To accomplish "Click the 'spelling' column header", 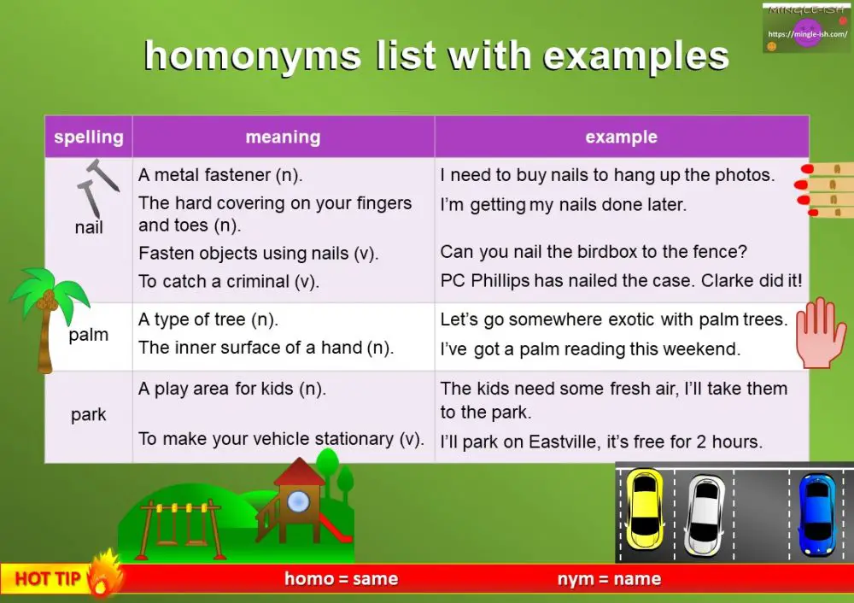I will (x=88, y=138).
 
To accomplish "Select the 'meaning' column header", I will (x=283, y=137).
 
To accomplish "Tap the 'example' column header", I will (x=621, y=137).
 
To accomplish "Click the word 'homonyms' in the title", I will (x=253, y=56).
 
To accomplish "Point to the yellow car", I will (x=645, y=510).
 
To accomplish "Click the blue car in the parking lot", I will (x=816, y=514).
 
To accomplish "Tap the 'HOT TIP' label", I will (x=48, y=579).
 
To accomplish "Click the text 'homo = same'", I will (x=341, y=579).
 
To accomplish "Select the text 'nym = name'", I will (x=609, y=579).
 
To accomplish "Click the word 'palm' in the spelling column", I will (x=89, y=335).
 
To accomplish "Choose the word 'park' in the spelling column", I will (x=89, y=415).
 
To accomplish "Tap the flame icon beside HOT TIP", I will (x=104, y=572).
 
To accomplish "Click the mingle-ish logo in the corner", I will (x=806, y=29).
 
